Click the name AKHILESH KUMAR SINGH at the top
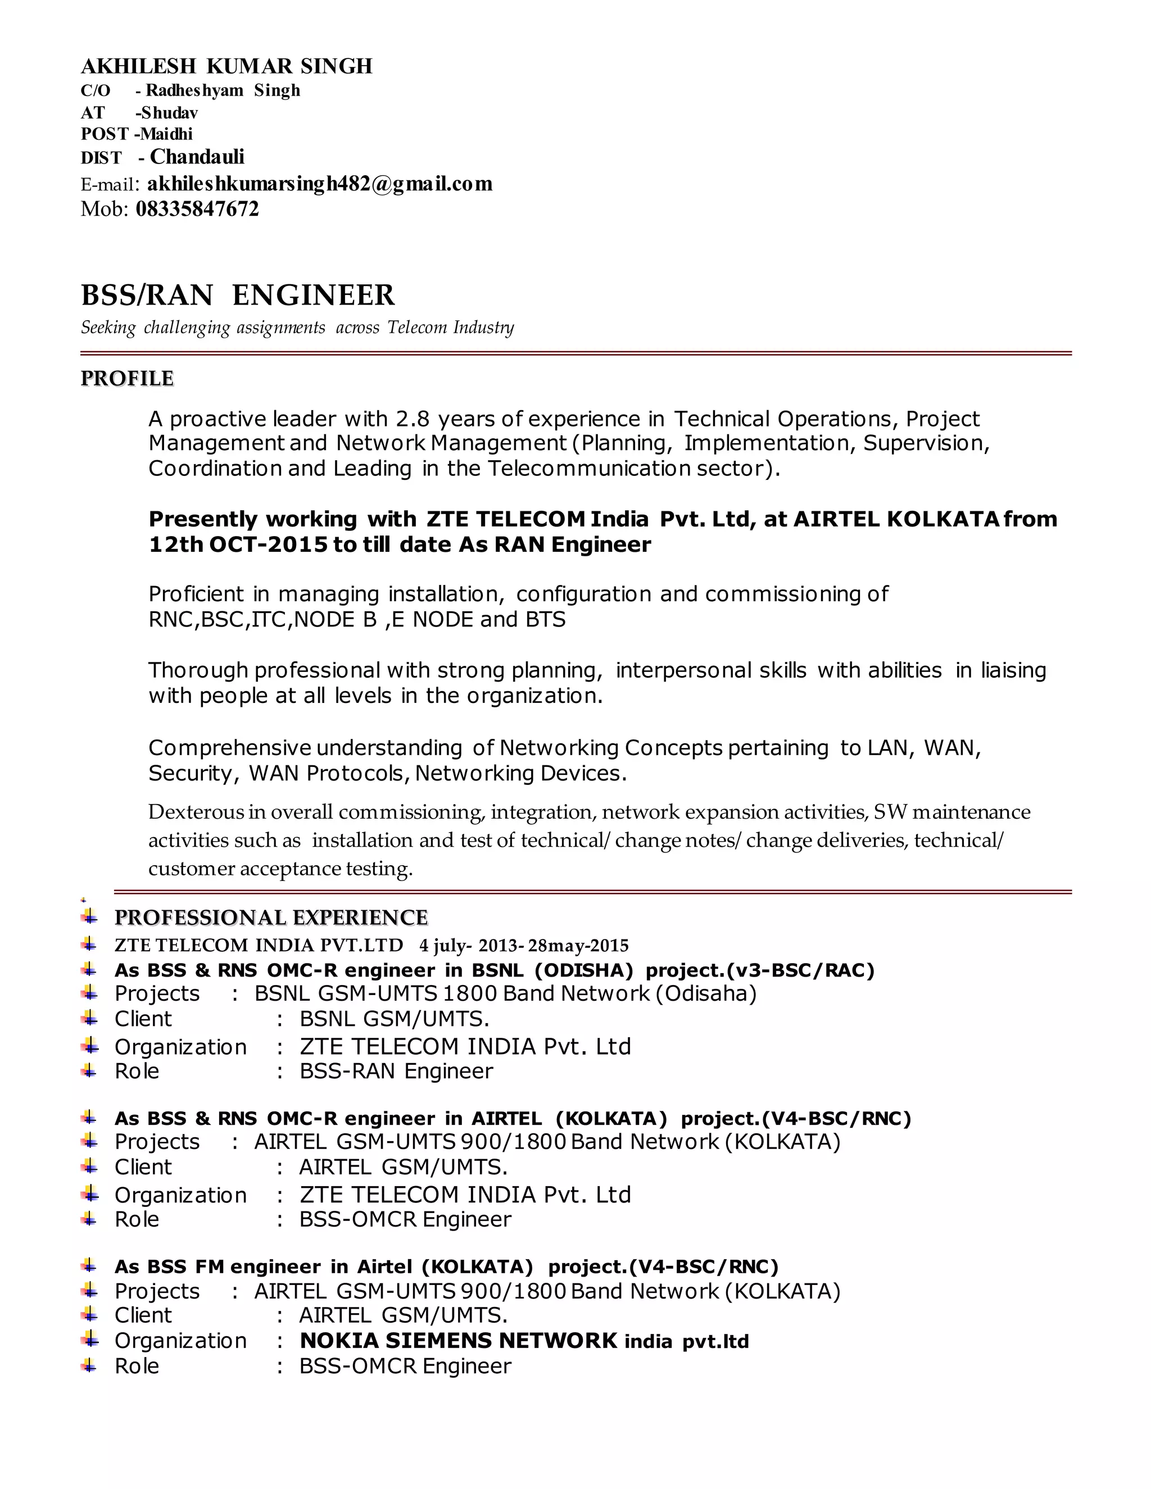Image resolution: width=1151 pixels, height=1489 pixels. click(226, 66)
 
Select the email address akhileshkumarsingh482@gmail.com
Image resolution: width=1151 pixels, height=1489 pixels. click(319, 184)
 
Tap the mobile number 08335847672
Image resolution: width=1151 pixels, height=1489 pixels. click(197, 208)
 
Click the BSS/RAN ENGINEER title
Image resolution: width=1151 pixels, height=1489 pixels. click(237, 295)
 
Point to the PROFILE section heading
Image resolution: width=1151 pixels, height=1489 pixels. click(127, 378)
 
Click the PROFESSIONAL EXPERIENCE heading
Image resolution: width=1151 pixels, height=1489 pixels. click(271, 918)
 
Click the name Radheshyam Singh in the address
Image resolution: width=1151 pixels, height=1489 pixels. click(223, 90)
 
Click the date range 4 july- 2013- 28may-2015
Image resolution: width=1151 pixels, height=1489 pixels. click(524, 946)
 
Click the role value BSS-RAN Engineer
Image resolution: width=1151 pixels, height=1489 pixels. click(396, 1071)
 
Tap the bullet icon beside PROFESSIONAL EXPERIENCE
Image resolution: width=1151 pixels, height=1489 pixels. click(89, 917)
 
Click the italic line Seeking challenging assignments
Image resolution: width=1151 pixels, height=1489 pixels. click(297, 328)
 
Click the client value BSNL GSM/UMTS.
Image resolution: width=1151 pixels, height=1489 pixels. click(394, 1019)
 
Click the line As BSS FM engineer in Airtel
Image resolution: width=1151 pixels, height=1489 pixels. click(446, 1266)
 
